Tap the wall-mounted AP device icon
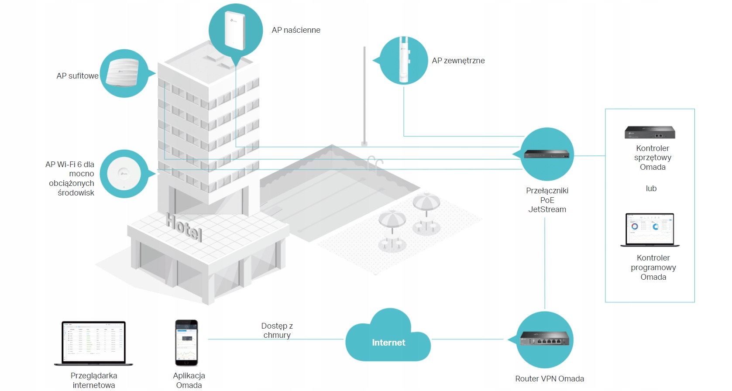(234, 31)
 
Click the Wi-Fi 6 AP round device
(124, 174)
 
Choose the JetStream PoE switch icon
(546, 154)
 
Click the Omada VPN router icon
(545, 339)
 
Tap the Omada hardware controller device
(650, 132)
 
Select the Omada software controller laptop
(650, 230)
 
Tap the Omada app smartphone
(186, 343)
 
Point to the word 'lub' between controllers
(651, 189)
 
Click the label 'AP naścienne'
(296, 30)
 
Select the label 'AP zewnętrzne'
(458, 61)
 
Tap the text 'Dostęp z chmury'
(277, 330)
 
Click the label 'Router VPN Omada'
(550, 379)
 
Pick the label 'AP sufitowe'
(77, 76)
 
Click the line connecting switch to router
(545, 262)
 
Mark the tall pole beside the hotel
(364, 96)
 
